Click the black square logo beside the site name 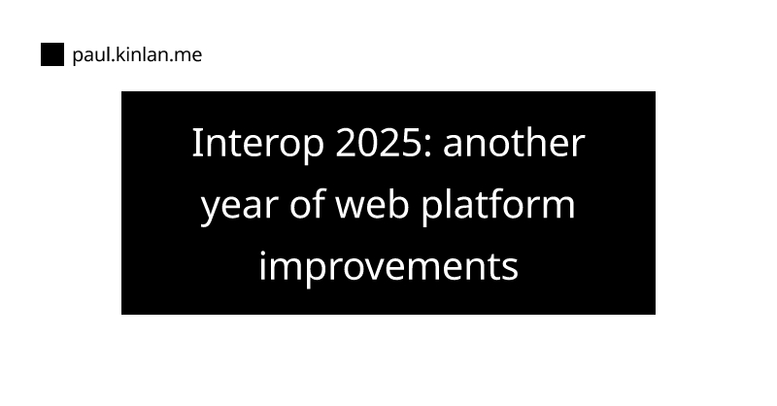point(51,55)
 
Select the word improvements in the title point(388,266)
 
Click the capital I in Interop point(197,144)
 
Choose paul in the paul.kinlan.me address point(88,56)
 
